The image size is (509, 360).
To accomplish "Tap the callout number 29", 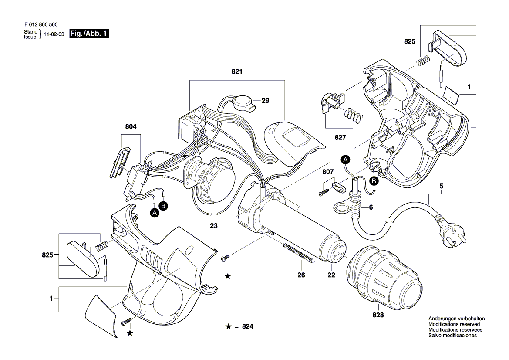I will click(265, 101).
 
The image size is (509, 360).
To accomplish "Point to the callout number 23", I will click(214, 226).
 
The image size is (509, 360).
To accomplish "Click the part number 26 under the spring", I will click(301, 275).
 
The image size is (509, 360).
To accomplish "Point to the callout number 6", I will click(371, 208).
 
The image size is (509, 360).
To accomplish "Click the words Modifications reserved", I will click(454, 324).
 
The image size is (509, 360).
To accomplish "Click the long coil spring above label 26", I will click(298, 253).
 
